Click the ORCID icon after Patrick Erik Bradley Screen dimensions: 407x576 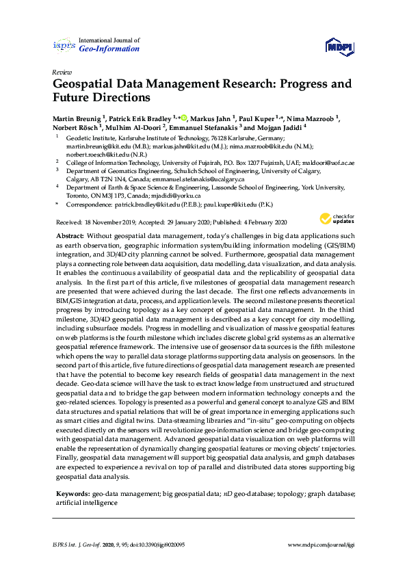[183, 118]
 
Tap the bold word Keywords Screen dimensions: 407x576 [73, 493]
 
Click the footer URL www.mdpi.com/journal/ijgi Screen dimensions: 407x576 [321, 545]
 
